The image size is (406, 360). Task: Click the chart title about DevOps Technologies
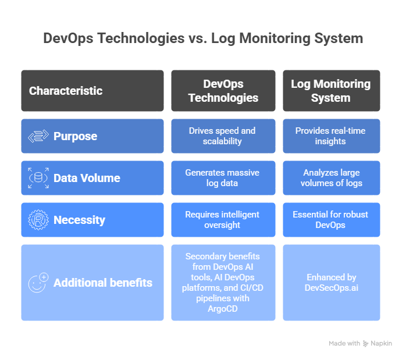click(203, 38)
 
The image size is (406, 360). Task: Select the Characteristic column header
click(66, 91)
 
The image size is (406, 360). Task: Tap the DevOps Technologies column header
click(223, 91)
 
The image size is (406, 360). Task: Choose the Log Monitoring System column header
click(331, 91)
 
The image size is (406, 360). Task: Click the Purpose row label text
click(75, 136)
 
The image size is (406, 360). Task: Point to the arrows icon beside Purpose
click(38, 136)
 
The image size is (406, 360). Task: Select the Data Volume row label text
click(87, 178)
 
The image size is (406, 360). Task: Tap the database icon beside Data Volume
click(38, 178)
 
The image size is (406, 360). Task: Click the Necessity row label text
click(79, 220)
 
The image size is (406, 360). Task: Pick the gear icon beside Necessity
click(38, 220)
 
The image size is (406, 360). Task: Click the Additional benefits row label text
click(103, 283)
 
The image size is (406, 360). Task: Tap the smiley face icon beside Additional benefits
click(38, 283)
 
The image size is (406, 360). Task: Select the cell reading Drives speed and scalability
click(223, 136)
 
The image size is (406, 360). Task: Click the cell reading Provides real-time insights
click(331, 136)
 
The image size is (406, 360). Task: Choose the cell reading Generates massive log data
click(223, 178)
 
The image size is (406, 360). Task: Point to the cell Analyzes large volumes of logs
click(331, 178)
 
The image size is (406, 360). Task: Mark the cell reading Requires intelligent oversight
click(223, 220)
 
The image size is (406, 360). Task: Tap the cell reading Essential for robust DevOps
click(331, 220)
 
